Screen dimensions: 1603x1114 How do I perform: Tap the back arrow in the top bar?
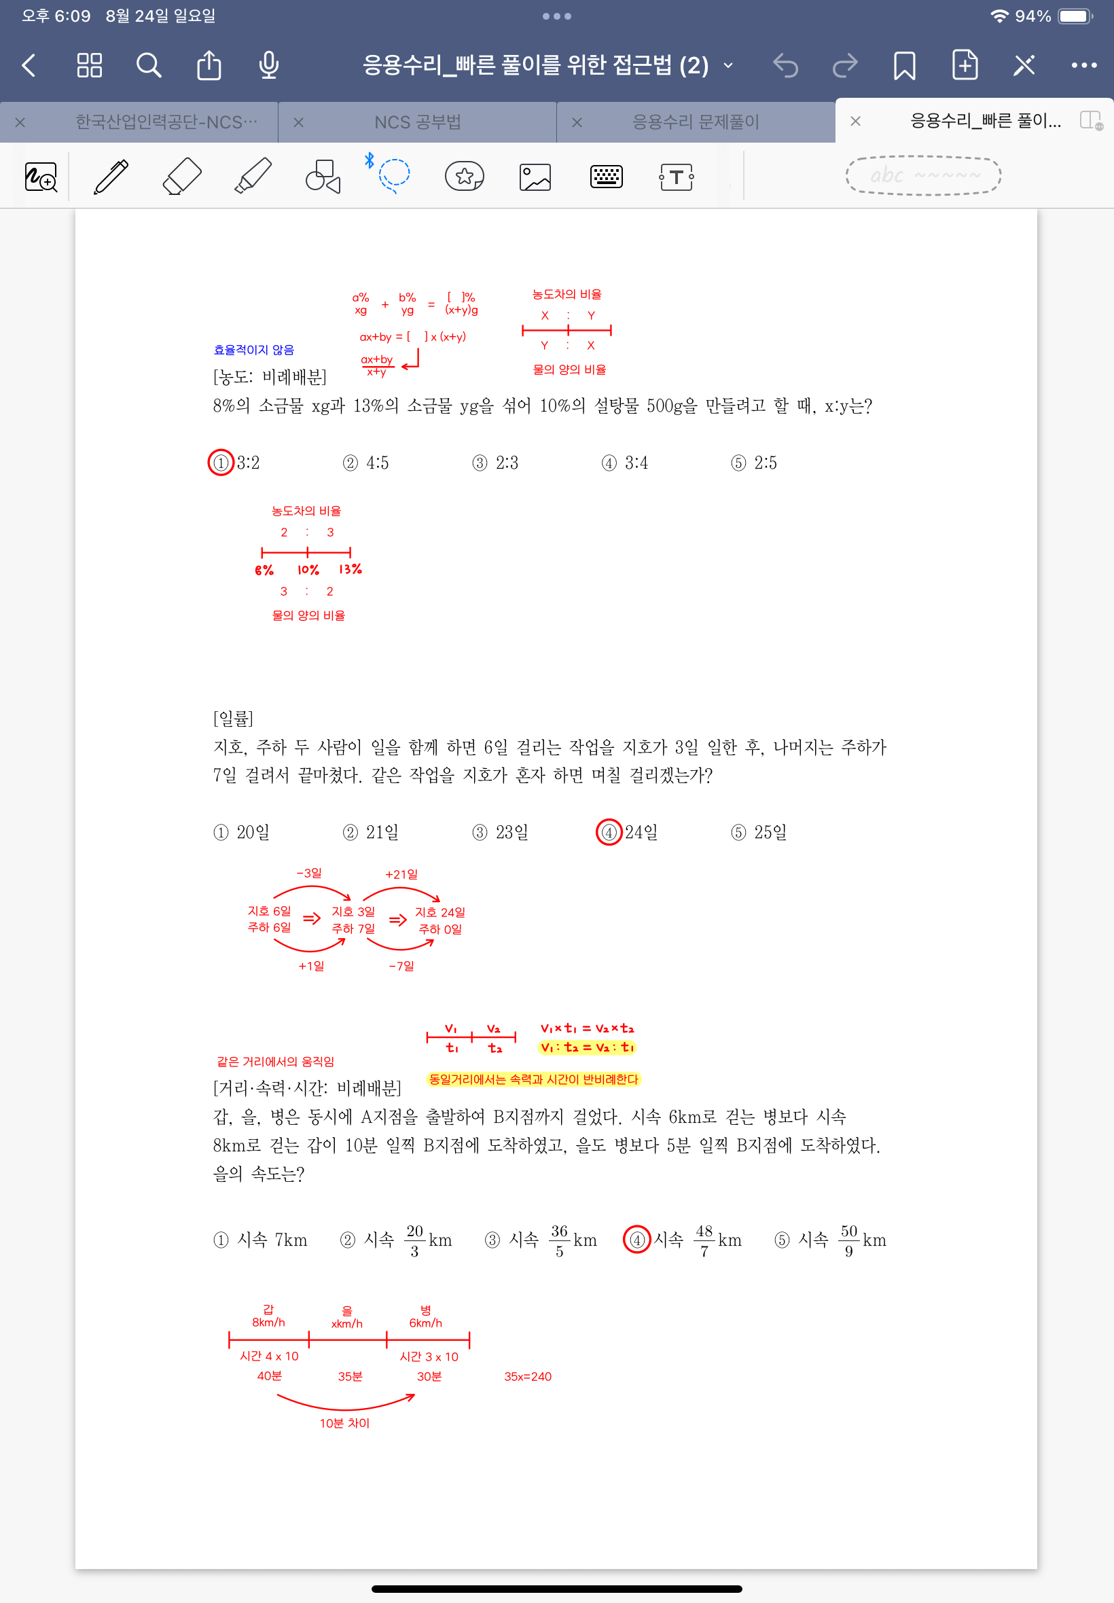29,66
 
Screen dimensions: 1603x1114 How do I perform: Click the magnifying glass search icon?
149,66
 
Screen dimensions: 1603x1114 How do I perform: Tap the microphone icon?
269,66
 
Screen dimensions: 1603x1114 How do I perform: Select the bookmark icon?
904,66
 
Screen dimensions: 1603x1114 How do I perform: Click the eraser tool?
181,176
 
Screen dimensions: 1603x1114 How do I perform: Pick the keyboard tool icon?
606,177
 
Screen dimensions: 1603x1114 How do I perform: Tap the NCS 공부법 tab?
417,122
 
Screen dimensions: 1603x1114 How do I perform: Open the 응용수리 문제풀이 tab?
695,122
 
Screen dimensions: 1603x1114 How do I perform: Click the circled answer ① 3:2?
234,463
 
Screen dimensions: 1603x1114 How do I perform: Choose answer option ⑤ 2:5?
754,463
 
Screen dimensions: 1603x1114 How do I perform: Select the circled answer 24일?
627,832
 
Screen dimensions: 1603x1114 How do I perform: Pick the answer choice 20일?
242,832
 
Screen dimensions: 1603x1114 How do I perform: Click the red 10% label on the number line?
308,570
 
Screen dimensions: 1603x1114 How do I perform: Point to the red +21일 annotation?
401,873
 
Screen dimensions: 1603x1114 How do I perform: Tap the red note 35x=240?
528,1376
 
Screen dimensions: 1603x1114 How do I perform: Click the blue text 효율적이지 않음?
254,350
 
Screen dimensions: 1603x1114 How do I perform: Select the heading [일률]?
233,718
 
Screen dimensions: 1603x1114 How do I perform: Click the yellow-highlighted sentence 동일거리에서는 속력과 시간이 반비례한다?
533,1079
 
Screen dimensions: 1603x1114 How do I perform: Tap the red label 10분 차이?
345,1423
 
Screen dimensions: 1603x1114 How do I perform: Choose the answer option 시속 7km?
261,1240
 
